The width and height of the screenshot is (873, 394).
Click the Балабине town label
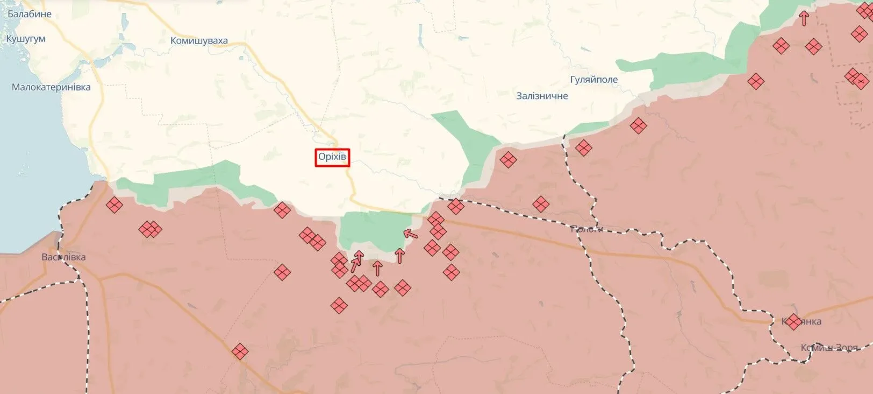pos(30,14)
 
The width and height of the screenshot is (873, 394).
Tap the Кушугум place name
pos(26,39)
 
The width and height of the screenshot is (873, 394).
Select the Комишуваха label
pos(199,40)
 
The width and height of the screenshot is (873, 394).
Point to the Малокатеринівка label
pos(51,87)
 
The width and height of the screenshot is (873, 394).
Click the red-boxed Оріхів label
pos(332,157)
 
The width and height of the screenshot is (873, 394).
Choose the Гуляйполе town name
pos(594,80)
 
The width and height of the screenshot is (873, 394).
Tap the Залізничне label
pos(542,96)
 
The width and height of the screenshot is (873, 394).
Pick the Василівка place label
pos(63,257)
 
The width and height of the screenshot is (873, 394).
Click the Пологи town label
pos(586,229)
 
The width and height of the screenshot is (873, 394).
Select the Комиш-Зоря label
pos(829,348)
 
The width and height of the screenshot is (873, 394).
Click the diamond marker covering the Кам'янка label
pos(793,322)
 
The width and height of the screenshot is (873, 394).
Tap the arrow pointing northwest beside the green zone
pos(411,234)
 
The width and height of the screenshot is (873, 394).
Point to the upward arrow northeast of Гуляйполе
pos(804,19)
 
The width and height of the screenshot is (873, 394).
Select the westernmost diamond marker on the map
pos(114,205)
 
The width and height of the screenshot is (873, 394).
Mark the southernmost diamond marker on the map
pos(240,351)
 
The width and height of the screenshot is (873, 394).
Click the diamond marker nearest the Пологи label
pos(541,205)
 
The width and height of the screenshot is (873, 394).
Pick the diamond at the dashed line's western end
pos(455,206)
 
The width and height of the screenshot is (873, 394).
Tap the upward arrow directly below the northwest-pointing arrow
pos(399,256)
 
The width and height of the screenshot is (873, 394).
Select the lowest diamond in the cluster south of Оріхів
pos(339,306)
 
